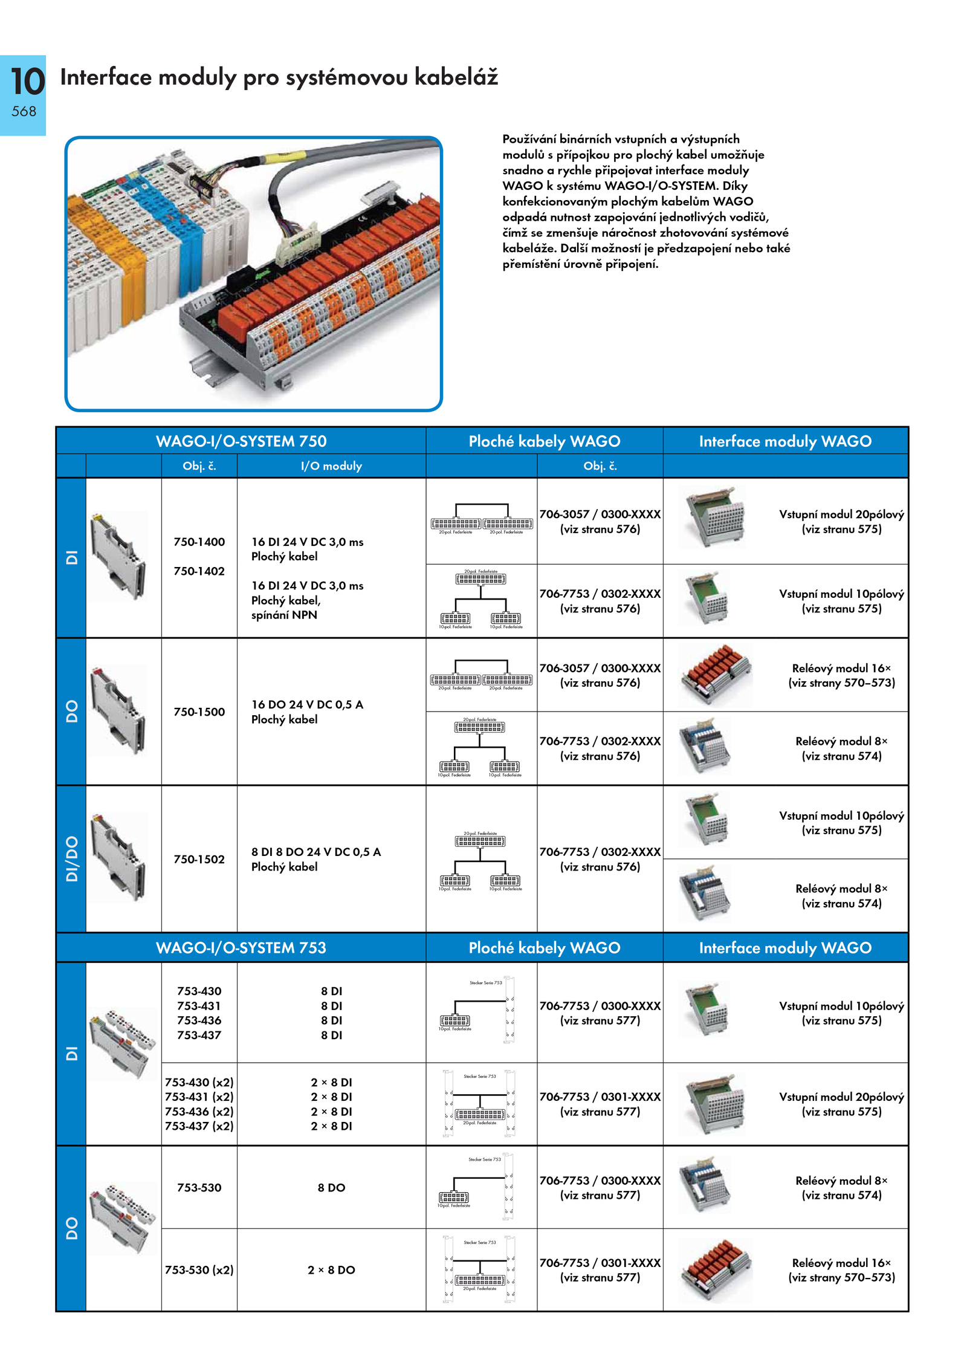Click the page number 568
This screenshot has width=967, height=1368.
coord(24,111)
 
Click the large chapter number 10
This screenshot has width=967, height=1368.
coord(27,82)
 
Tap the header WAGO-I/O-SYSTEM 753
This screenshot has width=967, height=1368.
coord(241,947)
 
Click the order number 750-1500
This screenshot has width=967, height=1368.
coord(199,712)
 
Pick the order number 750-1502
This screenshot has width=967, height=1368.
coord(199,859)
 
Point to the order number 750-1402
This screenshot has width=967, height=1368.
coord(199,571)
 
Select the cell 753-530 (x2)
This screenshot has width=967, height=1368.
coord(199,1269)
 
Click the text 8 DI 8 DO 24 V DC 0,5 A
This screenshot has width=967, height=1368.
coord(315,852)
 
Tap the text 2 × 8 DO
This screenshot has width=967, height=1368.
coord(331,1269)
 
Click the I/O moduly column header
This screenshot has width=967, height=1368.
coord(331,465)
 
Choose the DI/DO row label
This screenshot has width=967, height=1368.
coord(71,858)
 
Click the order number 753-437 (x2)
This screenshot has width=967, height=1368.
coord(199,1126)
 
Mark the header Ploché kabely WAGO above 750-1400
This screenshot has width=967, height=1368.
coord(544,441)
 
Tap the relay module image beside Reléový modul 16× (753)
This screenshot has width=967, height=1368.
coord(716,1269)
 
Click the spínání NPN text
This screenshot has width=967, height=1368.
coord(284,615)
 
